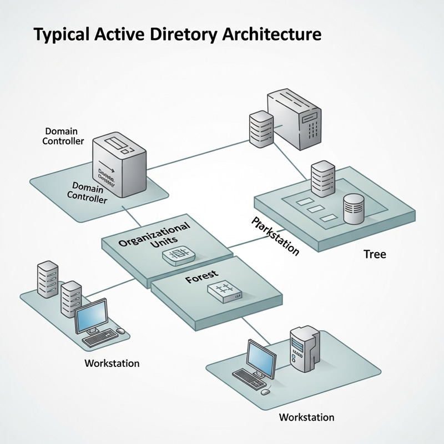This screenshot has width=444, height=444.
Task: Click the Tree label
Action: [375, 255]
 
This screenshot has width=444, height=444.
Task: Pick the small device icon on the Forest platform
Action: [224, 291]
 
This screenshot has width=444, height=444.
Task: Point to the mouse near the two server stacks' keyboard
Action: [121, 331]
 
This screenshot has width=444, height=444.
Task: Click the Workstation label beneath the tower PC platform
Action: [306, 417]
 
